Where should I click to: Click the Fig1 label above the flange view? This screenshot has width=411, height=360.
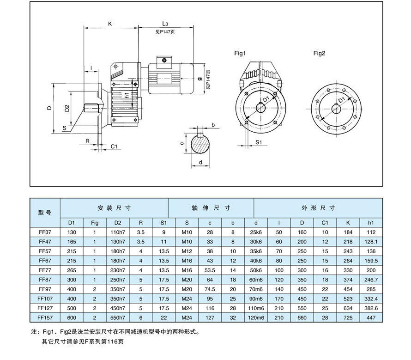point(240,54)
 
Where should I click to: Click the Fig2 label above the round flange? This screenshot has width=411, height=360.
point(320,54)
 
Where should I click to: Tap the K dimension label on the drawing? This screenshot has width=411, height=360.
point(110,23)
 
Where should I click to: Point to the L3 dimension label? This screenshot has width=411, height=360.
point(165,23)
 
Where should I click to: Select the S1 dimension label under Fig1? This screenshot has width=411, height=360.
point(259,143)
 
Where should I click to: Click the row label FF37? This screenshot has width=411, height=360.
point(45,232)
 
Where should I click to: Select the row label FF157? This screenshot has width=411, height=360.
point(45,318)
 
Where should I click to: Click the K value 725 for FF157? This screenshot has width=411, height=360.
point(348,318)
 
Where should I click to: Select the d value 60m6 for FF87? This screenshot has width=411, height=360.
point(255,280)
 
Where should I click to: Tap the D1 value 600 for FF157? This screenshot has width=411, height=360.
point(72,318)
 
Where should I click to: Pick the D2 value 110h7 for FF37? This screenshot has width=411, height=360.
point(118,232)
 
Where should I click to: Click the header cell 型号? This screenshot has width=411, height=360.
point(45,213)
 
